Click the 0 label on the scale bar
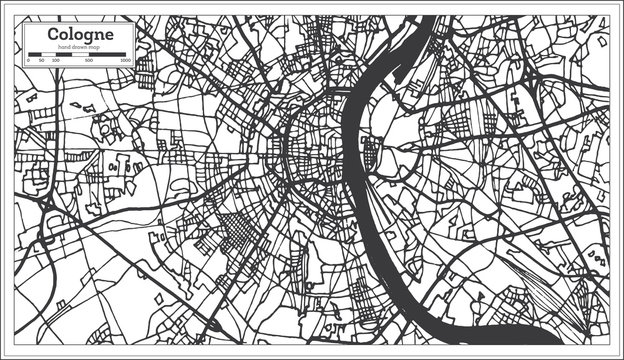point(28,61)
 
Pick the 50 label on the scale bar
point(41,61)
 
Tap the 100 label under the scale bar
point(55,61)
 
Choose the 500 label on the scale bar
point(90,61)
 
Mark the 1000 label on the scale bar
point(124,61)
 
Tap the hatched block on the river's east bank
point(371,155)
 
